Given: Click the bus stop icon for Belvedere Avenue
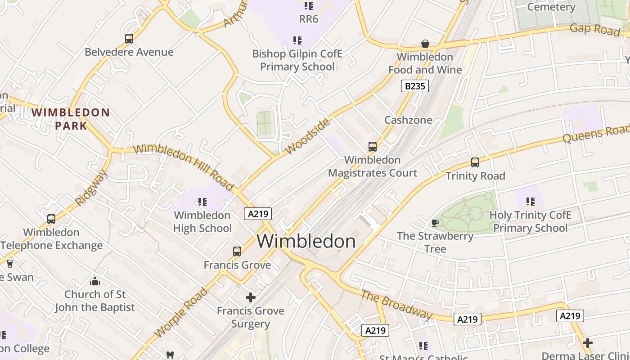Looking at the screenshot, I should pos(129,39).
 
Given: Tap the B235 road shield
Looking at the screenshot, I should pos(414,86).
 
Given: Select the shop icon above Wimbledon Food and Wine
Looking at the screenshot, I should pos(425,44).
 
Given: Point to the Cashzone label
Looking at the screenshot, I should pos(408,120).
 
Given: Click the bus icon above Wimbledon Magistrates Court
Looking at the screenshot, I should pos(373,146).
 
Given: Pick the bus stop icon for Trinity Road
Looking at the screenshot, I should pos(475,162).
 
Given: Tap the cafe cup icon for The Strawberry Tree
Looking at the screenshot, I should pos(435,223).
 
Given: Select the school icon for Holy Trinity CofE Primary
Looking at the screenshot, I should pos(531,202).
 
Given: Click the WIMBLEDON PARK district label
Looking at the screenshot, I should pos(71,119).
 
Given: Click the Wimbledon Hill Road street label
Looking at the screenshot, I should pos(184,166).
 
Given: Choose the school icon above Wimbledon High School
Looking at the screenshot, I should pos(202,202).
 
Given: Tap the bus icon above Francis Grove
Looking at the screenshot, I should pos(237,252).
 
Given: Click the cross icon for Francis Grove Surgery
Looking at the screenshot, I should pos(250,297).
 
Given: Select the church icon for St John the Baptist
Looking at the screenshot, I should pos(95,281).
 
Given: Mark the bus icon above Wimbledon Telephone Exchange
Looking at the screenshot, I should pos(51,219).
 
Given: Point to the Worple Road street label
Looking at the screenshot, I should pos(181,313).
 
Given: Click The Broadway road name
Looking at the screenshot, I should pos(396,305).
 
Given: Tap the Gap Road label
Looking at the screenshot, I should pos(594,30).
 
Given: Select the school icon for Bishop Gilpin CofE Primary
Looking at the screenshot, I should pos(297,40).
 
